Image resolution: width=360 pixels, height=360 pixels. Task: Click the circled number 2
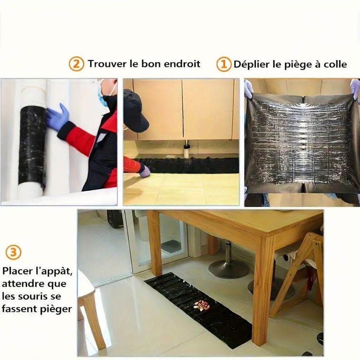pos(76,65)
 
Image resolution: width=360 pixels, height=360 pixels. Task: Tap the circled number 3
pos(13,252)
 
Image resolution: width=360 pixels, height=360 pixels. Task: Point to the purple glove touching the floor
pos(144,171)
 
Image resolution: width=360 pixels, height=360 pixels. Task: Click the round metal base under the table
pos(229,269)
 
